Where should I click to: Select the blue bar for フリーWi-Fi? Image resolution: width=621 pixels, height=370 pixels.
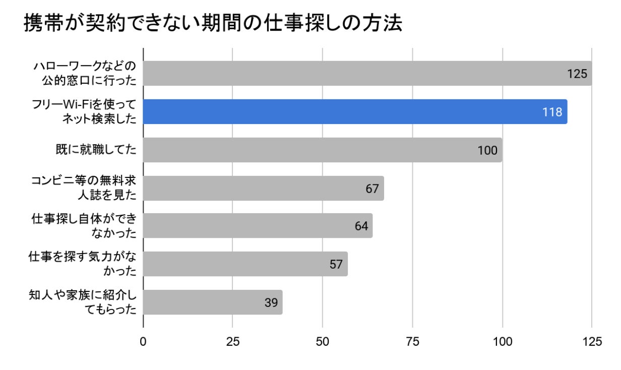click(x=353, y=111)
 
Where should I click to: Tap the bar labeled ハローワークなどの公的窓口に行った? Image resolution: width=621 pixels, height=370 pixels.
click(x=353, y=74)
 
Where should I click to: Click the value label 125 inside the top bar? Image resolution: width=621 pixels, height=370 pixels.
click(x=577, y=74)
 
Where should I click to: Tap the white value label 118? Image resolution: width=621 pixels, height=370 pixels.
click(x=552, y=112)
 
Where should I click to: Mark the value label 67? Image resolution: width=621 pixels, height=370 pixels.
click(x=372, y=189)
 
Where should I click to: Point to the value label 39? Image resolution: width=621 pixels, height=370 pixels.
click(x=271, y=302)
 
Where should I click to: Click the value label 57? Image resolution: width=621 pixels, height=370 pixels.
click(x=336, y=264)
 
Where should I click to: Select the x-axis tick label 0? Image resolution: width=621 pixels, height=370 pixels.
click(x=143, y=341)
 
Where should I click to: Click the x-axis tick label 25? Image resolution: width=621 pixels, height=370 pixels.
click(x=232, y=341)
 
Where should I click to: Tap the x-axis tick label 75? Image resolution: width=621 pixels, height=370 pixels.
click(x=412, y=341)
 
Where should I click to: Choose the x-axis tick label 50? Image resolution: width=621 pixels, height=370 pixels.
click(x=323, y=341)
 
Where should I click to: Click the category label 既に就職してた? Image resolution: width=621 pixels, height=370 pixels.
click(x=96, y=150)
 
